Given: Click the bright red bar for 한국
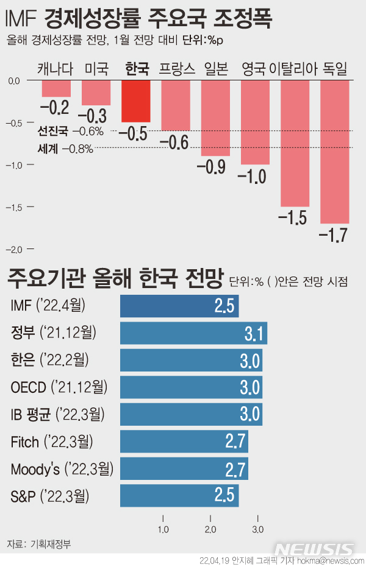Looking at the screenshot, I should (x=136, y=101).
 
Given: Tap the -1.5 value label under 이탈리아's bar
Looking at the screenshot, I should (x=294, y=217).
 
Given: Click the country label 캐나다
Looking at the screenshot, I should (x=56, y=69).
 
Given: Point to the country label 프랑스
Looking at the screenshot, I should (x=176, y=69).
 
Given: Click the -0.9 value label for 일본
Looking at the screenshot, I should (x=215, y=166).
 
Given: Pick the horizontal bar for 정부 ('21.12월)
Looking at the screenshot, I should (x=193, y=333).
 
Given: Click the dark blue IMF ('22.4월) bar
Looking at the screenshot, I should (x=179, y=306).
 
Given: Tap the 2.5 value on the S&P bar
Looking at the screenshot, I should (x=224, y=496).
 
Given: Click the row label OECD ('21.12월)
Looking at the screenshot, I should (x=59, y=387).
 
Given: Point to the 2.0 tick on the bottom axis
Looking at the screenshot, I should (x=210, y=529).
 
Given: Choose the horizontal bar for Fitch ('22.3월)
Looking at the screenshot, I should (x=184, y=442).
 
